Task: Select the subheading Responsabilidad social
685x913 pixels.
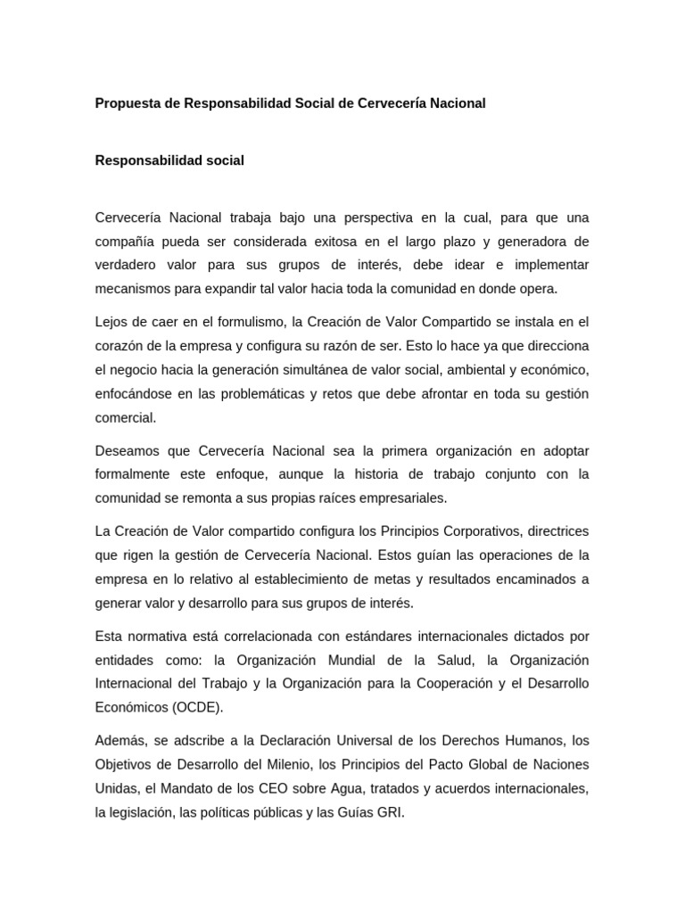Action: tap(169, 160)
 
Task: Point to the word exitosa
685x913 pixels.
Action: tap(355, 242)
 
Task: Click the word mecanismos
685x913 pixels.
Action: tap(131, 288)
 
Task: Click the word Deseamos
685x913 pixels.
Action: tap(127, 450)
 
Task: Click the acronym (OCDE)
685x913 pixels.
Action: tap(194, 706)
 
